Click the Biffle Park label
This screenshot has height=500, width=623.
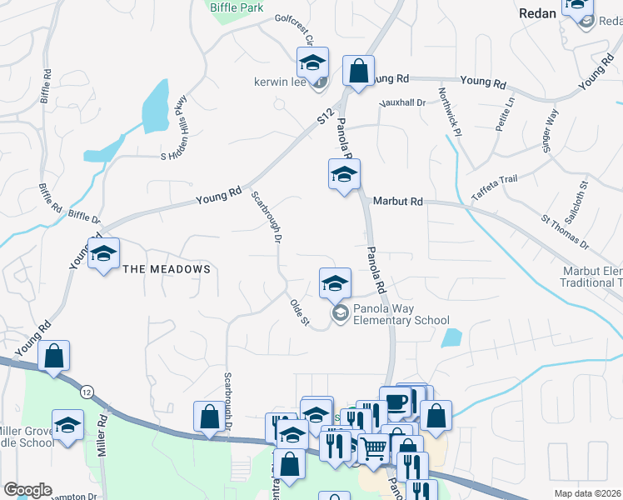tap(237, 7)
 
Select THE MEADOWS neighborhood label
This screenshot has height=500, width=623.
tap(167, 269)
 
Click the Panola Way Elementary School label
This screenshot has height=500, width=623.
tap(401, 314)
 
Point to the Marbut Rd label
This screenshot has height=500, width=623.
tap(398, 202)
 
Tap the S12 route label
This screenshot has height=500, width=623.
tap(325, 117)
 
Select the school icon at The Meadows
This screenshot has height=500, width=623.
tap(103, 254)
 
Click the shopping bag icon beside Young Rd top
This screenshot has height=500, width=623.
tap(358, 72)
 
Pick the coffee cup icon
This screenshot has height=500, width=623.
tap(395, 402)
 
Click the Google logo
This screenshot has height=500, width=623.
tap(27, 490)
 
